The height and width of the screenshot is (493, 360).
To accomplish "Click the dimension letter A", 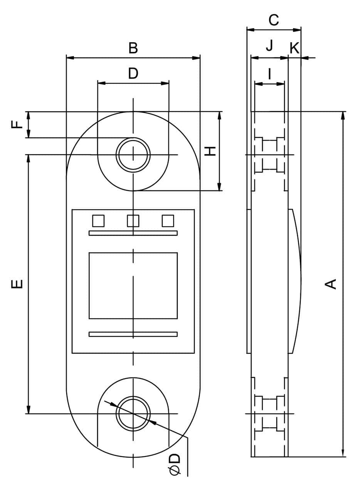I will pos(331,284).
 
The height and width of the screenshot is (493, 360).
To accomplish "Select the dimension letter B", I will pos(133,49).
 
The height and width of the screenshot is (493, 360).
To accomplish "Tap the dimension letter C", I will pos(274,20).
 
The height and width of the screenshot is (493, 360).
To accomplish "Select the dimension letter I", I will pos(269,74).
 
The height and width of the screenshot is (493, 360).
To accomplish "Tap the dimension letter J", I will pos(269,45).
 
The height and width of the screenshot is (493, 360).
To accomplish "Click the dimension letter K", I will pos(294,49).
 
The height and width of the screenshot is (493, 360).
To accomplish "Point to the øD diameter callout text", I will pos(175,464).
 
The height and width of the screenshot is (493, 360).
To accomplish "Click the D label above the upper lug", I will pos(133,73).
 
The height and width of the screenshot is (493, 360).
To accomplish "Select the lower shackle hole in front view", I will pos(133,413).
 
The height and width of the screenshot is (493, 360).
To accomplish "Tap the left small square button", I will pos(98,221).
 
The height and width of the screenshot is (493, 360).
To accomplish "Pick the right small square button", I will pos(168,221).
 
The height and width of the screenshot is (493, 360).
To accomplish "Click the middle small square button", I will pos(133,221).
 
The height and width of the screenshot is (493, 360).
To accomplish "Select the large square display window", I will pos(133,285).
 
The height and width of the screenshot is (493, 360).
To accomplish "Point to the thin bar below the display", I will pos(133,334).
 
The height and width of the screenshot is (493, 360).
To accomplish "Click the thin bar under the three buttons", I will pos(133,233).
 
